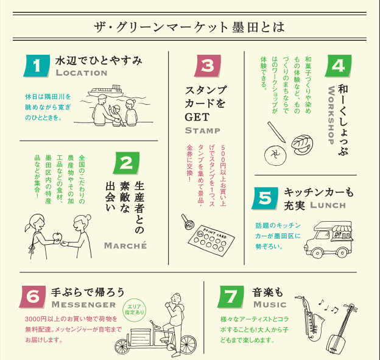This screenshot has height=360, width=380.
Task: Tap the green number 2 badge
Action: pyautogui.click(x=125, y=163)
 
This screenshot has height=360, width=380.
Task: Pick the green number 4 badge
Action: pyautogui.click(x=339, y=66)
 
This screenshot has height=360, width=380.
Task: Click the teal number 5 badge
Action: pyautogui.click(x=266, y=197)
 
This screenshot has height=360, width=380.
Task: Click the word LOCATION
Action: pyautogui.click(x=81, y=73)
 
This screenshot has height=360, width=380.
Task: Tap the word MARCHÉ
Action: pyautogui.click(x=125, y=245)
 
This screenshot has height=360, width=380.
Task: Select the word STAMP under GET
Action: pyautogui.click(x=203, y=130)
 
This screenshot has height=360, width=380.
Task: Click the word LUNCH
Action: pyautogui.click(x=328, y=205)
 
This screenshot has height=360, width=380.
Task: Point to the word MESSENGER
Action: pyautogui.click(x=83, y=304)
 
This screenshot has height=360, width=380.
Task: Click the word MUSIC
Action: pyautogui.click(x=269, y=304)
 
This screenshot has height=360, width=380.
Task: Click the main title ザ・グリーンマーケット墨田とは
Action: pyautogui.click(x=189, y=27)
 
